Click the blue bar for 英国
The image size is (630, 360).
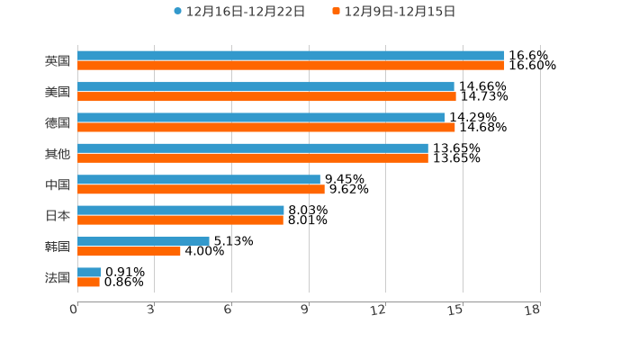(291, 56)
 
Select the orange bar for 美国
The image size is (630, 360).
(266, 96)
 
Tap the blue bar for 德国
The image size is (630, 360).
(261, 117)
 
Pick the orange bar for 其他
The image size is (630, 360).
(253, 157)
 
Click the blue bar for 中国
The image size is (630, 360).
(199, 179)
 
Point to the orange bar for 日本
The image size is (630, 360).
(180, 220)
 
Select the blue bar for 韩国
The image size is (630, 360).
(143, 241)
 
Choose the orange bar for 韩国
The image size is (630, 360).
(129, 251)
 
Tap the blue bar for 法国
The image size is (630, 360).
(89, 272)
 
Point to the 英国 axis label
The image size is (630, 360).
(58, 61)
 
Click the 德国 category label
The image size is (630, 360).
(58, 122)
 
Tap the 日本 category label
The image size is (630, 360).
(58, 216)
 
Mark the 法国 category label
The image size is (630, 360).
(58, 277)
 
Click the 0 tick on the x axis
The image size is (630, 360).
(74, 310)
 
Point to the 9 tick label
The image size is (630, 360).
(304, 310)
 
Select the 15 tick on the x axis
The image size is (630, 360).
(456, 310)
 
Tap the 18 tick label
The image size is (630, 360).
(533, 310)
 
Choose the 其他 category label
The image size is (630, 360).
(58, 154)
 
